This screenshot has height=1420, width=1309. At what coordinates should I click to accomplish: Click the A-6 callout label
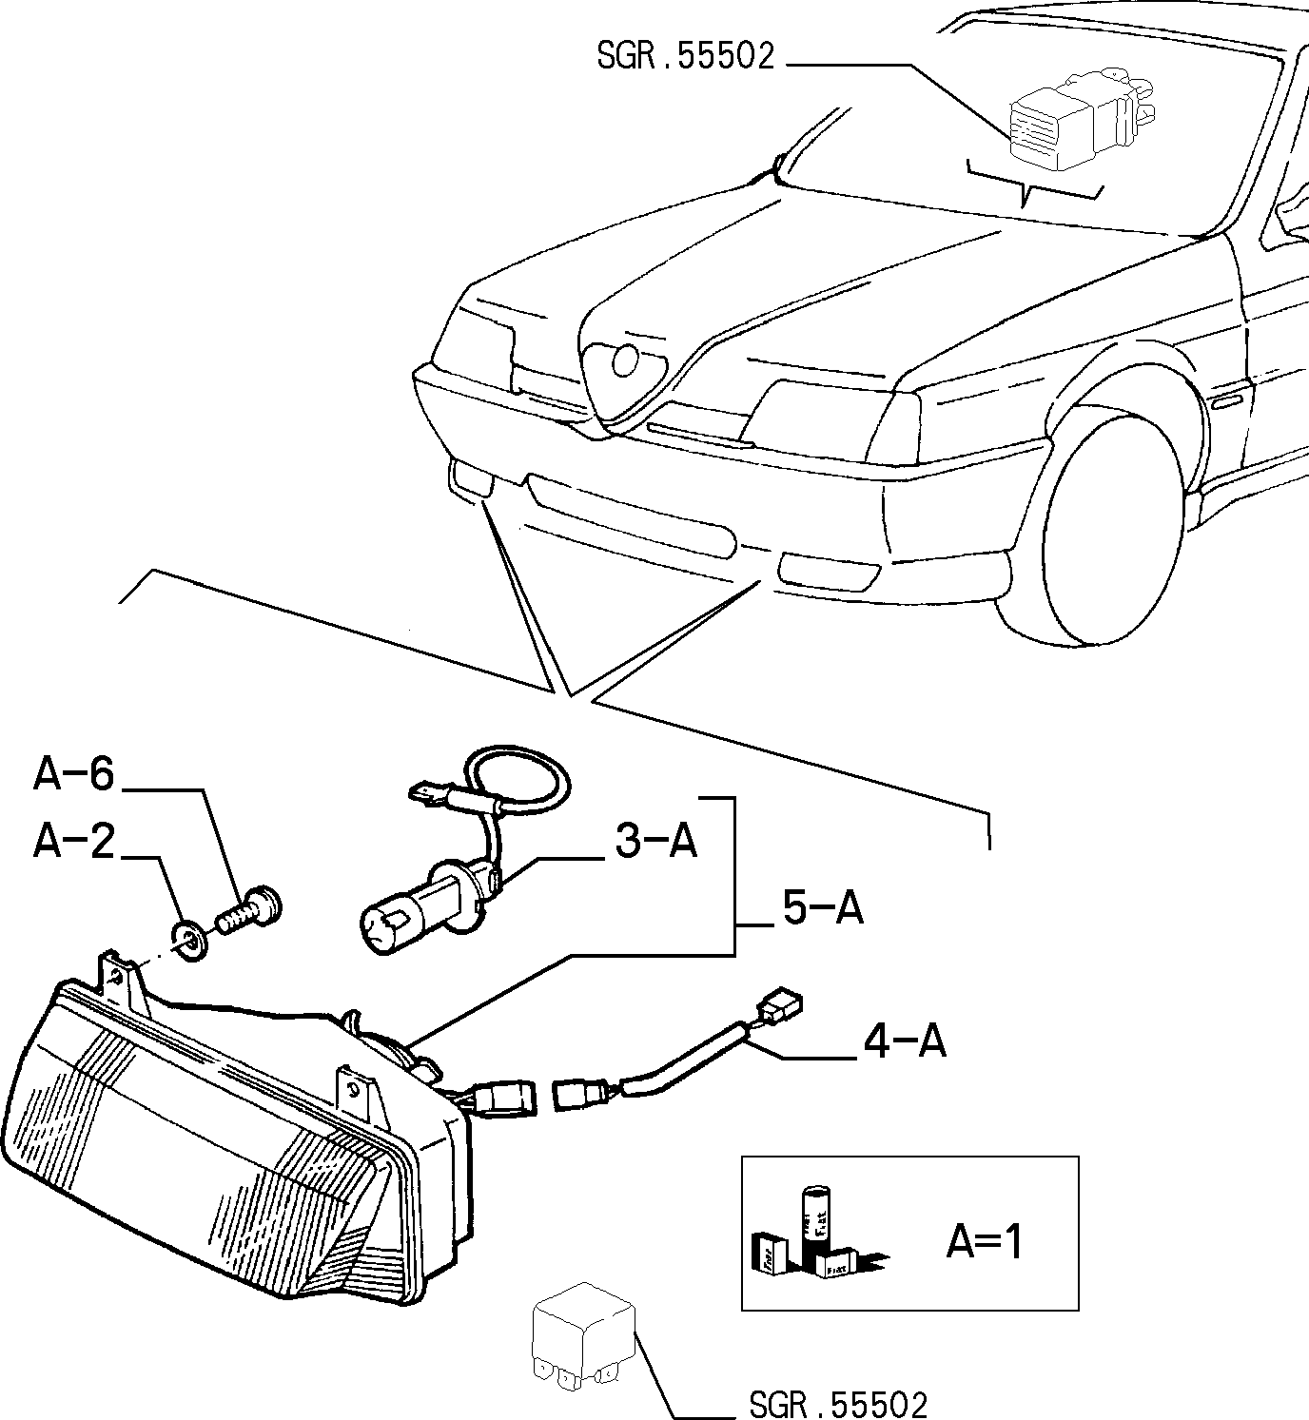click(x=73, y=774)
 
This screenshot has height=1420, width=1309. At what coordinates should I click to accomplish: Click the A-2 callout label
click(x=73, y=842)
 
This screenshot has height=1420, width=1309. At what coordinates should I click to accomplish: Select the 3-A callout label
click(x=655, y=842)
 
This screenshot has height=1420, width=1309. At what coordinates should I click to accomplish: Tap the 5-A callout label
click(x=823, y=908)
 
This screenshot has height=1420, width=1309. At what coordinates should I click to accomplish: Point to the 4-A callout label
click(x=905, y=1041)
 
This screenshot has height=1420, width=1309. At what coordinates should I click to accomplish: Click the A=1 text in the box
click(x=985, y=1241)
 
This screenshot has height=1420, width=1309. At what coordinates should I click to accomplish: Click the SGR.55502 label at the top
click(x=686, y=56)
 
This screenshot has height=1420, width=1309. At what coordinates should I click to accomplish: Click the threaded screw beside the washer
click(x=248, y=912)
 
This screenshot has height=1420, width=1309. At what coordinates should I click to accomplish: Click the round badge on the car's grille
click(x=625, y=361)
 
